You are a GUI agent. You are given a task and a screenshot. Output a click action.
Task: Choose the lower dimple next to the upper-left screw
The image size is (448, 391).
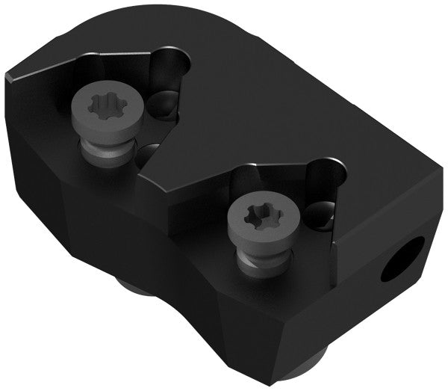click(x=150, y=156)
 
